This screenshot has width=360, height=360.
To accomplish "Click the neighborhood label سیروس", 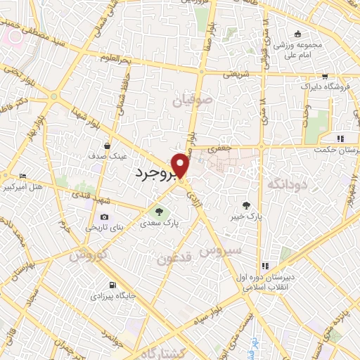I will (224, 250).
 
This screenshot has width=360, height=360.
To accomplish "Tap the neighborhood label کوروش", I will (87, 255).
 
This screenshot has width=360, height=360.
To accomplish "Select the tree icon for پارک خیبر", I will (245, 205).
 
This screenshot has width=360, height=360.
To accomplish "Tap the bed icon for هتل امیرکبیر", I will (23, 176).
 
